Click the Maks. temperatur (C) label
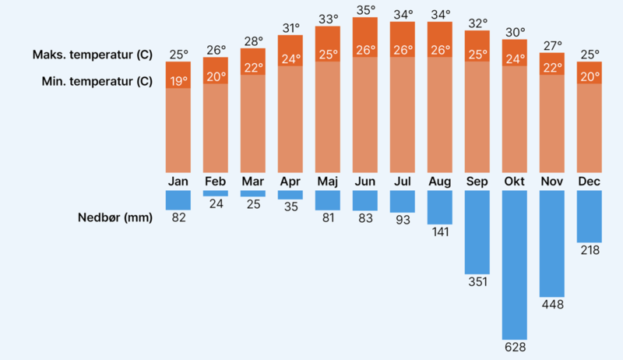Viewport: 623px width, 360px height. coord(93,55)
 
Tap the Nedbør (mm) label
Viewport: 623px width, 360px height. coord(115,217)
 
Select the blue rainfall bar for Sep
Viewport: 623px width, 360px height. coord(477,231)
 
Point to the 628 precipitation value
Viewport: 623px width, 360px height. coord(515,344)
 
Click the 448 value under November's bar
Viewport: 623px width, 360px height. coord(552,304)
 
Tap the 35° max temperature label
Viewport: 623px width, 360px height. coord(365,10)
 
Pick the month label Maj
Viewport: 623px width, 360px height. coord(328,182)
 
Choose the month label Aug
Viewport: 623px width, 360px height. coord(440,182)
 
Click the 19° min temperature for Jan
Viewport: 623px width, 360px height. coord(178,80)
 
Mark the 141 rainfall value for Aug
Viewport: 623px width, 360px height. coord(440,231)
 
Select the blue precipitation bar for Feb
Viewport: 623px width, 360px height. coord(216,193)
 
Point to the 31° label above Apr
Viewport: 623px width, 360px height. coord(290,28)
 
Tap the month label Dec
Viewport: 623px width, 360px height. coord(590,182)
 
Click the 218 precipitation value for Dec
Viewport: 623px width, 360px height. coord(590,250)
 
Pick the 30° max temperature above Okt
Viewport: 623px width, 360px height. coord(515,33)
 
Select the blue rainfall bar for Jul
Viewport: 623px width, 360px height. coord(403,201)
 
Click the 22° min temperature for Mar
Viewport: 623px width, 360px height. coord(253,68)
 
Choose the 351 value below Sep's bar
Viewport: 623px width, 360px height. coord(477,281)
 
